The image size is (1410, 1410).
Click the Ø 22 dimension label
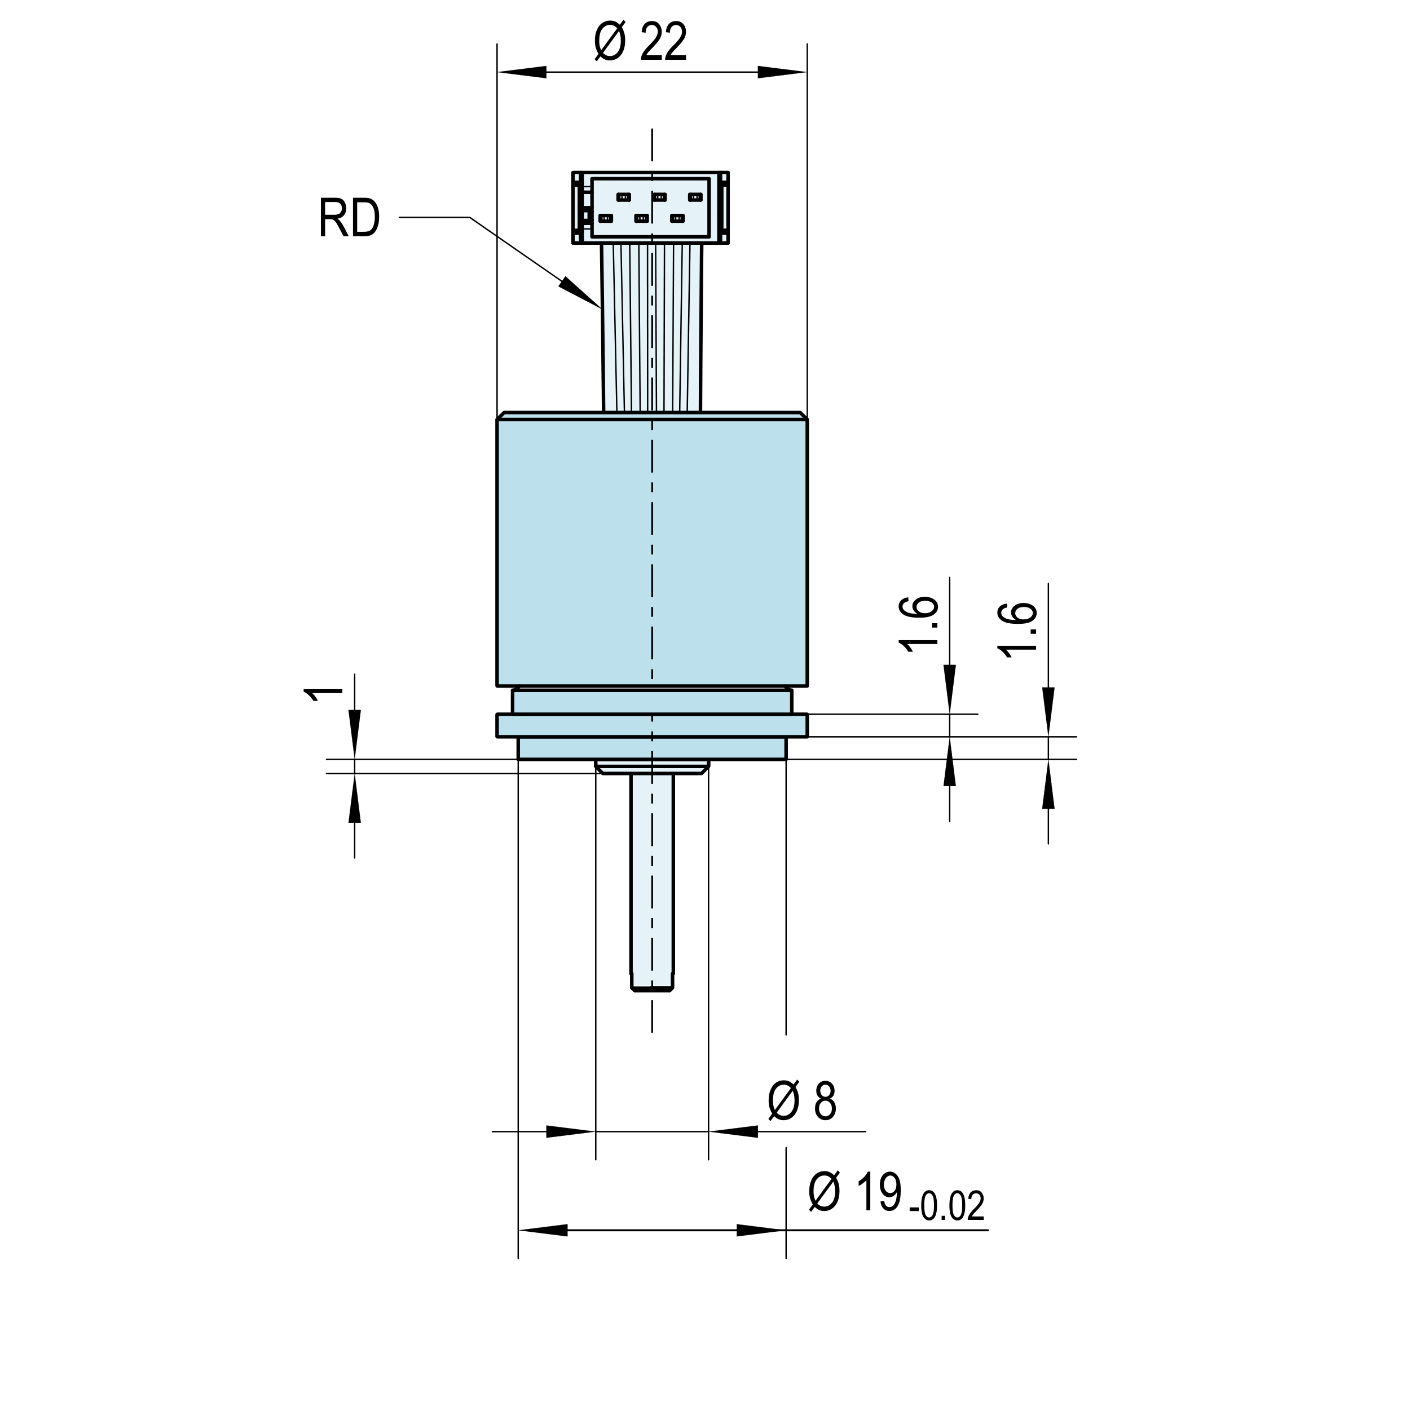coord(640,42)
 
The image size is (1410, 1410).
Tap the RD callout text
coord(350,218)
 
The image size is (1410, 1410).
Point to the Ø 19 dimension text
coord(856,1192)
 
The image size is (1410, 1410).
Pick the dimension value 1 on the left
coord(323,694)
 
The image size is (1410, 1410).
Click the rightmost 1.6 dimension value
coord(1020,631)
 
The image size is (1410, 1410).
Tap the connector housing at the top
coord(651,207)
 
